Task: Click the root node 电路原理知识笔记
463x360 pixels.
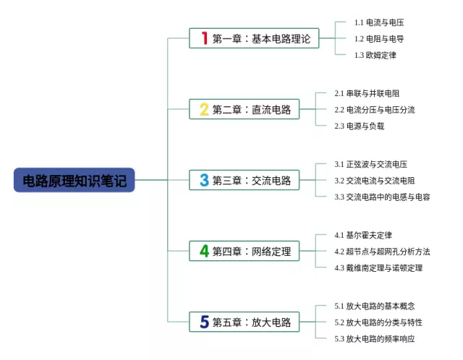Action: click(x=74, y=180)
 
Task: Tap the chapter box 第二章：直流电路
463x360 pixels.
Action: click(x=244, y=109)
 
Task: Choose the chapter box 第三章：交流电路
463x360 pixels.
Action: click(x=244, y=180)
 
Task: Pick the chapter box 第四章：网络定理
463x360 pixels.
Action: click(x=244, y=251)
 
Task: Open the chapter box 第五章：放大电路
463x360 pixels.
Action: click(x=244, y=322)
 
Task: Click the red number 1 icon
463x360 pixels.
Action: click(x=205, y=38)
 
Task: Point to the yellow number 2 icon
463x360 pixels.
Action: click(x=205, y=109)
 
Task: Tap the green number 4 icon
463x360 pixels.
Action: click(x=205, y=251)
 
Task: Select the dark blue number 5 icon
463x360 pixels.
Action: click(x=205, y=322)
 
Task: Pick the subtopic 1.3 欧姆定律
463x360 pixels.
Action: click(x=375, y=55)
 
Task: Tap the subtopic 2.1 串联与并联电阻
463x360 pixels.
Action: click(x=367, y=93)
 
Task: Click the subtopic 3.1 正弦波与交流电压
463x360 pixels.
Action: click(x=370, y=164)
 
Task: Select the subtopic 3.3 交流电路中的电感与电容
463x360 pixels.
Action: click(x=382, y=197)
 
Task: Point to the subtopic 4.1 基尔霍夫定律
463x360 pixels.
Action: click(x=363, y=235)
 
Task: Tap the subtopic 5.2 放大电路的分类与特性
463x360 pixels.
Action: click(x=378, y=322)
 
